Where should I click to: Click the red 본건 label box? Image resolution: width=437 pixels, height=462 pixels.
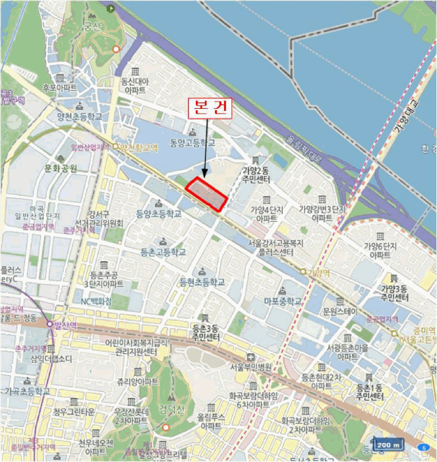(x=211, y=108)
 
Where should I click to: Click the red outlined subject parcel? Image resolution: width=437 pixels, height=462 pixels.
(x=206, y=193)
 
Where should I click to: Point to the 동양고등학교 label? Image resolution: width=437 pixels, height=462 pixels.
(x=192, y=143)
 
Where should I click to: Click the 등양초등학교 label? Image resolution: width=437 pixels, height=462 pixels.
(x=158, y=214)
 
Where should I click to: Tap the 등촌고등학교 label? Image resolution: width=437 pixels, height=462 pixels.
(x=163, y=252)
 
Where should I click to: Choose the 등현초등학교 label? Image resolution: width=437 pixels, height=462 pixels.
(x=202, y=282)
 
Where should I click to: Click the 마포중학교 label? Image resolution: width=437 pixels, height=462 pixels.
(x=283, y=301)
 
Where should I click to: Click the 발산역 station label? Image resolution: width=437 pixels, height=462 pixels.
(x=65, y=325)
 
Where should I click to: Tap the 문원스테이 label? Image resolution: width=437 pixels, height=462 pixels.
(x=340, y=310)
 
